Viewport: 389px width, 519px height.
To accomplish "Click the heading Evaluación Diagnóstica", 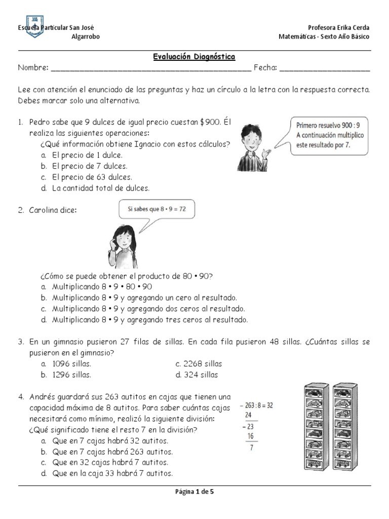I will click(x=194, y=57).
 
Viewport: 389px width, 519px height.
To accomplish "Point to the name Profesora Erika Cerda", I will click(x=338, y=27).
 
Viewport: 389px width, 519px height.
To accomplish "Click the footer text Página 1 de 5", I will click(x=194, y=491).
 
